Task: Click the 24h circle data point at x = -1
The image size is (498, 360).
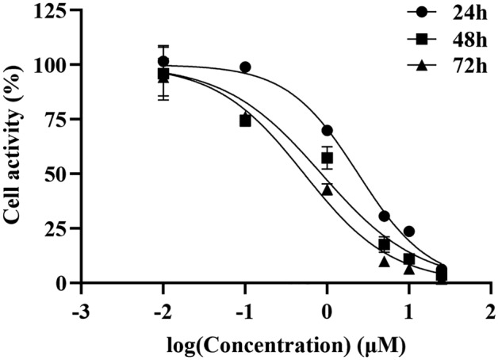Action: (x=245, y=67)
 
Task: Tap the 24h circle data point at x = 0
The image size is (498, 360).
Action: (x=327, y=130)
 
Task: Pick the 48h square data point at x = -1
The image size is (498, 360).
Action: (x=245, y=121)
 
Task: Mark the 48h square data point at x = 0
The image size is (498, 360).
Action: (x=327, y=159)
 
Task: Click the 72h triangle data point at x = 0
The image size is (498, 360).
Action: (x=327, y=189)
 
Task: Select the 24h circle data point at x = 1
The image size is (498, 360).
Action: (x=409, y=232)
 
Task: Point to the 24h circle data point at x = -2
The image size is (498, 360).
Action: (x=163, y=61)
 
